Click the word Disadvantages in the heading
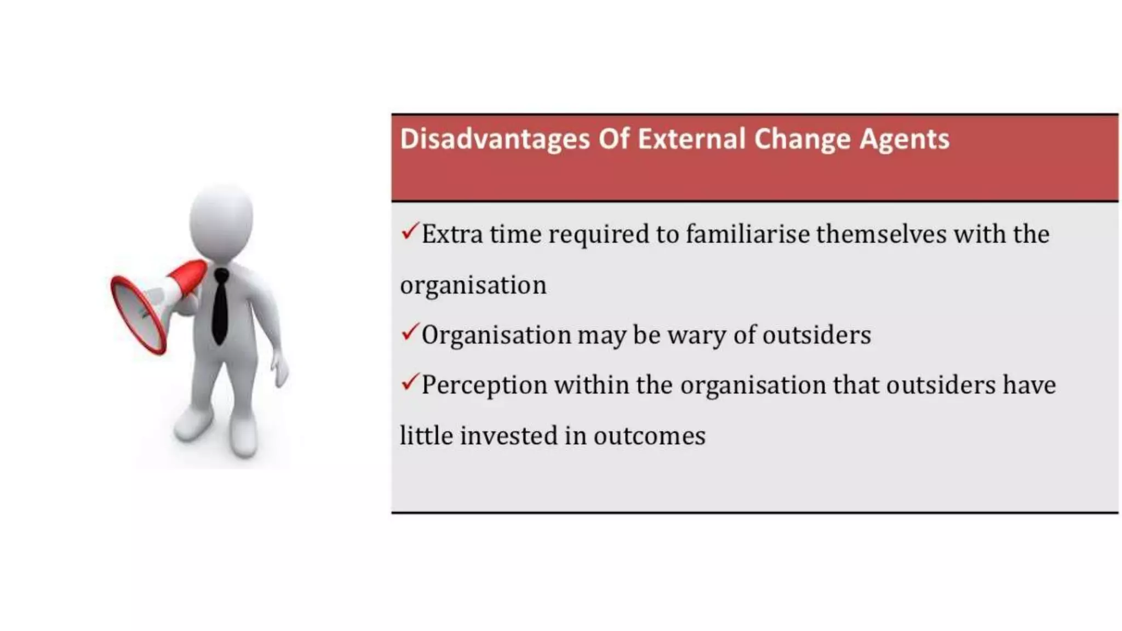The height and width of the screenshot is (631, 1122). (494, 139)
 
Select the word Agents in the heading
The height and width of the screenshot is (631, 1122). (904, 139)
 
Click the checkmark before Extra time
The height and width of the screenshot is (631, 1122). (410, 231)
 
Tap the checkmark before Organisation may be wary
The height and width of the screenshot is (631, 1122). (410, 332)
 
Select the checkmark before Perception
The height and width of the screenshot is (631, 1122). (410, 382)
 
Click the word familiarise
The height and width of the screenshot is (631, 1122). (748, 234)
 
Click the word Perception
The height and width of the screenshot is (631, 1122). (484, 386)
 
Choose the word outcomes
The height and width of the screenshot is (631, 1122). (649, 436)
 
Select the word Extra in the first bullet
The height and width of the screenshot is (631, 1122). (452, 234)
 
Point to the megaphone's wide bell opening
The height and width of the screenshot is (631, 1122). (137, 315)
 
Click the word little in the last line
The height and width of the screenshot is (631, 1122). (426, 436)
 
